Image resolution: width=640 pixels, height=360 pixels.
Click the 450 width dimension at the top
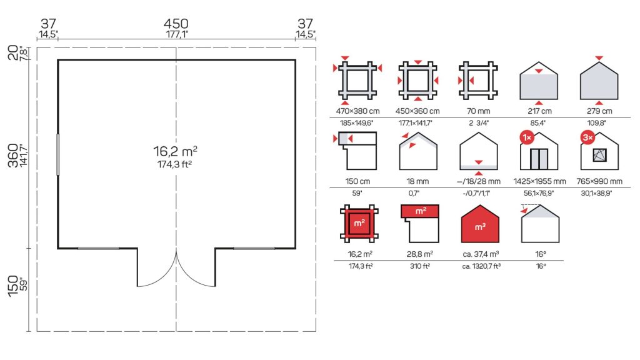tap(176, 24)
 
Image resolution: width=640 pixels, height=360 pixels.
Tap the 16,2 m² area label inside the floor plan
tap(176, 151)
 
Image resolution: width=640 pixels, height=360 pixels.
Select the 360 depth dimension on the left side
tap(13, 155)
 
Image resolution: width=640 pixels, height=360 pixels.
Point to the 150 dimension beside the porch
tap(13, 286)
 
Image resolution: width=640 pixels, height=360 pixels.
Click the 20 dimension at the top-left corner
tap(13, 53)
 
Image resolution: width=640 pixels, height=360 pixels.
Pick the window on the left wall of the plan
tap(58, 155)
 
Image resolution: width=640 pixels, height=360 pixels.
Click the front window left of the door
tap(98, 248)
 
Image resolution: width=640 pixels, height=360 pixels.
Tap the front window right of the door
tap(254, 248)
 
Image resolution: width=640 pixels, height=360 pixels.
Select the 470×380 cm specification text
tap(357, 111)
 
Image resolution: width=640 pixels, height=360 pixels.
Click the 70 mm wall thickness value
tap(478, 111)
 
